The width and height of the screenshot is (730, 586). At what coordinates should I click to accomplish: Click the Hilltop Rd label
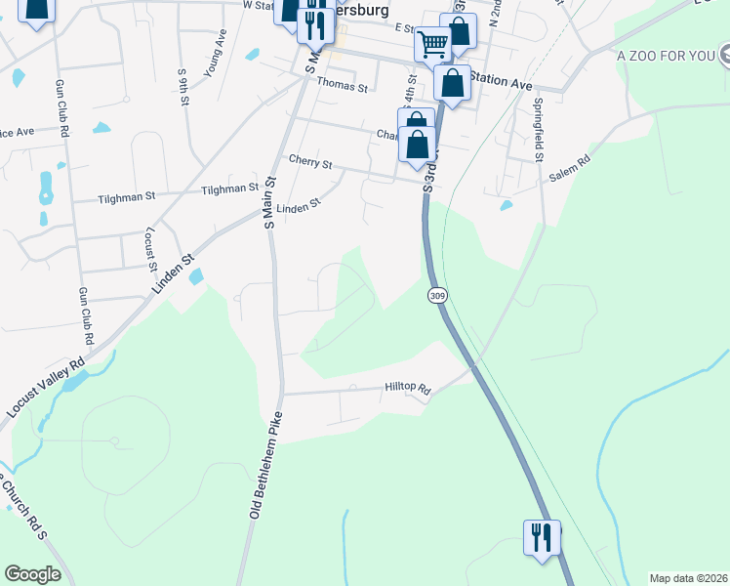tap(408, 388)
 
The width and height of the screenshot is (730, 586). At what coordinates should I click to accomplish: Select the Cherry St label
tap(310, 161)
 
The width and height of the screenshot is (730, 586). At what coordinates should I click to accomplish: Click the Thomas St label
tap(346, 87)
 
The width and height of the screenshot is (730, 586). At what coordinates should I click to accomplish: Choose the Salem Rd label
tap(570, 168)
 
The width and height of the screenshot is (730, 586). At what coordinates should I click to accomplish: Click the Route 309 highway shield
tap(435, 294)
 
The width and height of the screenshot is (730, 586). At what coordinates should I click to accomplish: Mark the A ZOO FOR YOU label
tap(667, 55)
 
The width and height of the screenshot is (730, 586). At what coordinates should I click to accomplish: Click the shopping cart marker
tap(431, 43)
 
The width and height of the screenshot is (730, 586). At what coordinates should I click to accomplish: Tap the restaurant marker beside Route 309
tap(542, 536)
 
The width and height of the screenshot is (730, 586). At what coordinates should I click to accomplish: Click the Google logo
tap(32, 574)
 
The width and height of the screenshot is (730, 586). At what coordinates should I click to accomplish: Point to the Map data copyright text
tap(688, 578)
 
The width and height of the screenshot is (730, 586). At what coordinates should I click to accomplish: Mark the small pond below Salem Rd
tap(506, 205)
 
